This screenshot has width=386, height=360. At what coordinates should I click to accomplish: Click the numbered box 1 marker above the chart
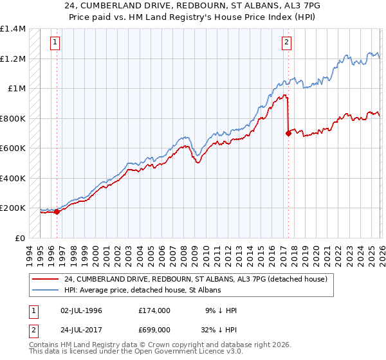[55, 43]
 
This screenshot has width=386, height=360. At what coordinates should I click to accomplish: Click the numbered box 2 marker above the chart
[286, 43]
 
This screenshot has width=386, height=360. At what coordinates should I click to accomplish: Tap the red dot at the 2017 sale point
[288, 133]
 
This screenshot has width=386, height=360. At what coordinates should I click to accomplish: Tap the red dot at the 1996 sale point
[57, 212]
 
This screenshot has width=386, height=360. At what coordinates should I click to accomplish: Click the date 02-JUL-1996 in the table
[81, 310]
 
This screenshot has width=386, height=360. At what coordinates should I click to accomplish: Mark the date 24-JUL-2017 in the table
[81, 329]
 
